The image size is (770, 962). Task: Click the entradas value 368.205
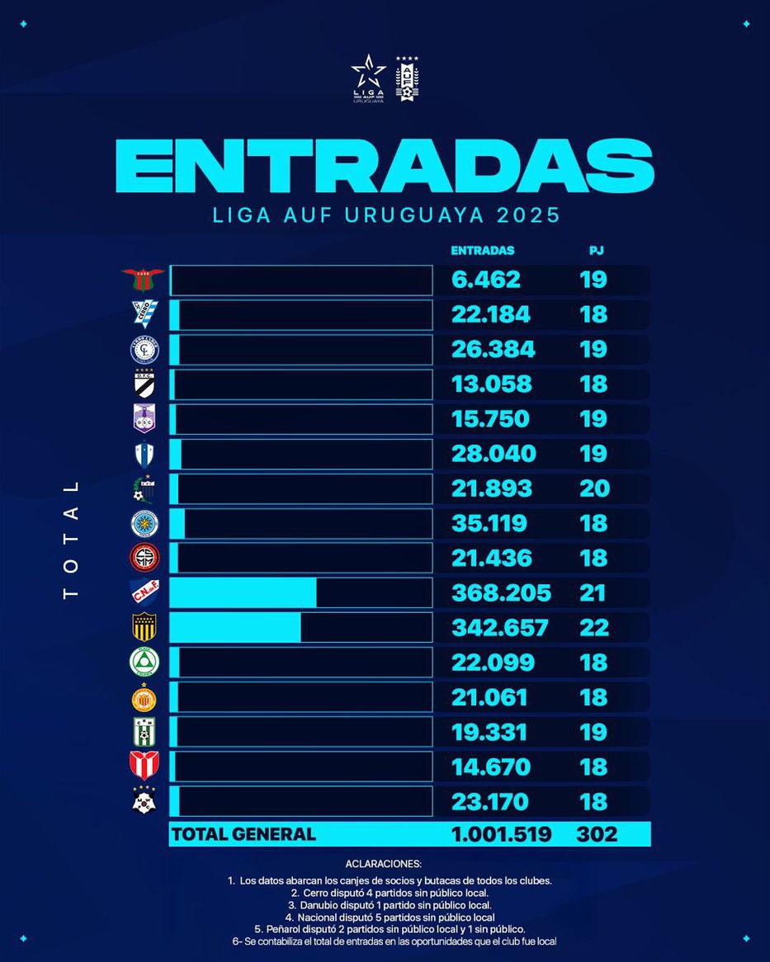click(501, 593)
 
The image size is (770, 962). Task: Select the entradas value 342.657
click(499, 628)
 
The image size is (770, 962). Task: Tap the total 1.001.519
click(501, 834)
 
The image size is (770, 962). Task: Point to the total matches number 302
click(596, 834)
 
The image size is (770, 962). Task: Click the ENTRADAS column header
click(482, 251)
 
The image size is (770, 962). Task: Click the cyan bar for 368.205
click(243, 593)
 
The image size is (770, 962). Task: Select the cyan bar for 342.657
click(235, 628)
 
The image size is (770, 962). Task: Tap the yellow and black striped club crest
click(144, 628)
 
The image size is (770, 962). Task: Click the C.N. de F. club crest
click(144, 593)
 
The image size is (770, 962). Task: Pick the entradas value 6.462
click(486, 280)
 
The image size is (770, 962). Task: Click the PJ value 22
click(594, 628)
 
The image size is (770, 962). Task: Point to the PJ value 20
click(594, 488)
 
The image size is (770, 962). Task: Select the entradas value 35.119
click(489, 523)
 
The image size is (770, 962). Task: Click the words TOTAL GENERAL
click(243, 834)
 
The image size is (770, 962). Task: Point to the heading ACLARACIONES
click(384, 864)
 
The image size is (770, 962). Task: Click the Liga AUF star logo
click(368, 78)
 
